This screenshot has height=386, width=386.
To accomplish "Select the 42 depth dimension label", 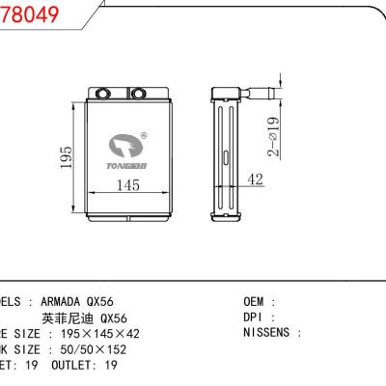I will tap(256, 179).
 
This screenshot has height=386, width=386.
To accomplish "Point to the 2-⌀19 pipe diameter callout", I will tap(275, 136).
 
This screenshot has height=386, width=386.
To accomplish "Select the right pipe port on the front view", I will tap(137, 95).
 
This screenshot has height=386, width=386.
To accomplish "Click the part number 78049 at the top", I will tap(24, 14).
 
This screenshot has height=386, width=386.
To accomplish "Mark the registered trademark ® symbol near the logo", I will tap(144, 137).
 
